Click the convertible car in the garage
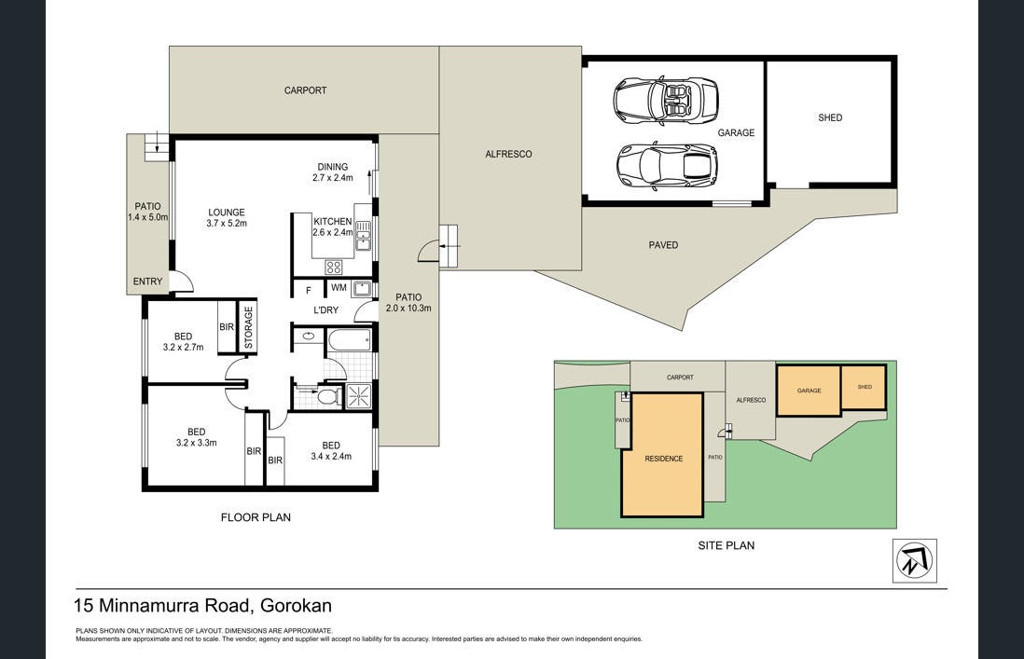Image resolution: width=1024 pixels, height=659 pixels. click(666, 101)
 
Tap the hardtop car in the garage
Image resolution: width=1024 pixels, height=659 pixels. click(667, 164)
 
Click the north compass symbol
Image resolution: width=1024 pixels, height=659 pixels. click(914, 560)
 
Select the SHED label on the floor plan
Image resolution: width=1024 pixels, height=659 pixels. click(830, 117)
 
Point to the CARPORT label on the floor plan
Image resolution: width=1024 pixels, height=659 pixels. click(305, 90)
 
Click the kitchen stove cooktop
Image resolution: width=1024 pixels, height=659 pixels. click(334, 267)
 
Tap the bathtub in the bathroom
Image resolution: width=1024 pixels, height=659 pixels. click(350, 340)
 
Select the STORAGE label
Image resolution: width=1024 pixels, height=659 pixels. click(248, 327)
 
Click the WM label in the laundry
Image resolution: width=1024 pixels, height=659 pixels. click(339, 288)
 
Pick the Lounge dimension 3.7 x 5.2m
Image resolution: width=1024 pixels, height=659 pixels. click(227, 223)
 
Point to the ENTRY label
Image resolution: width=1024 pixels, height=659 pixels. click(147, 281)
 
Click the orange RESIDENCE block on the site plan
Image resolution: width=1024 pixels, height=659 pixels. click(662, 455)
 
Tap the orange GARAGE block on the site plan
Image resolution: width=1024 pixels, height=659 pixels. click(809, 391)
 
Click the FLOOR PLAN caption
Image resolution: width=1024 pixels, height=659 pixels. click(256, 517)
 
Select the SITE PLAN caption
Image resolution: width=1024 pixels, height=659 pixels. click(726, 545)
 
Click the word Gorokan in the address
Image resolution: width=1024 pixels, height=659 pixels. click(296, 606)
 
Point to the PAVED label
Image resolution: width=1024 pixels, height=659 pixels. click(663, 244)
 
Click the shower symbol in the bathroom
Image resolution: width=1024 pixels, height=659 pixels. click(358, 396)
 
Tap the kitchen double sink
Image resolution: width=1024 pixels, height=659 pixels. click(363, 236)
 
